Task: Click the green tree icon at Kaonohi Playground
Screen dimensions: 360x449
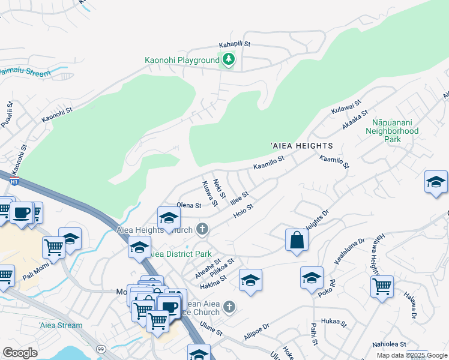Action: pos(228,59)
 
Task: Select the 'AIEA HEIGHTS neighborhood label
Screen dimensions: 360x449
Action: pos(301,146)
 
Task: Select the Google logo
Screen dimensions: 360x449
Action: pos(20,353)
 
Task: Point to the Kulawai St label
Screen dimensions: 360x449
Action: pos(344,108)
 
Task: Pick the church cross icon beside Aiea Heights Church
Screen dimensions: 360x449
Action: pos(202,229)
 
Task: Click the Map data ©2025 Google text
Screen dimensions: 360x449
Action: pos(412,355)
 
